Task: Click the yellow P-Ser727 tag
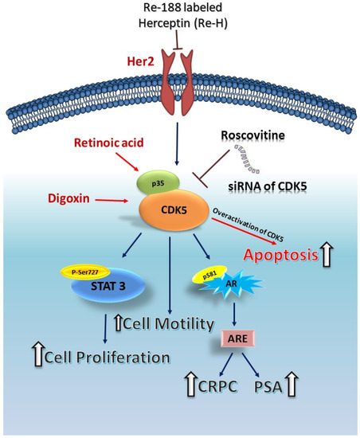pyautogui.click(x=84, y=270)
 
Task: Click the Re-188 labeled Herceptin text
pyautogui.click(x=179, y=18)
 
